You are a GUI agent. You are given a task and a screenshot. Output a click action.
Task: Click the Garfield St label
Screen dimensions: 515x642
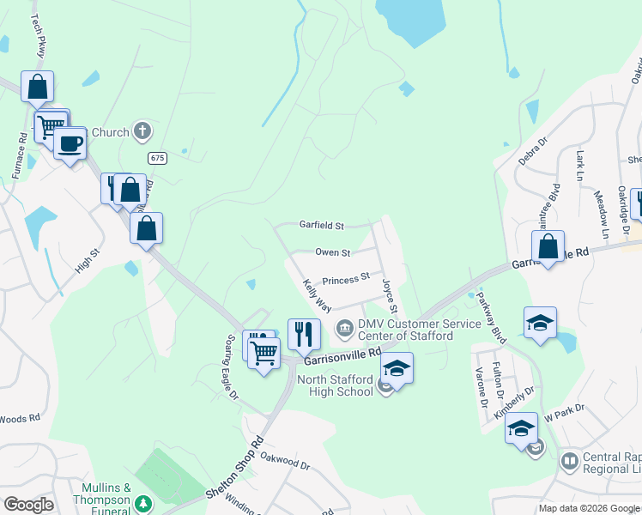click(321, 226)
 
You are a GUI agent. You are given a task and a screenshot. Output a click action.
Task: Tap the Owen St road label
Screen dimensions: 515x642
click(333, 252)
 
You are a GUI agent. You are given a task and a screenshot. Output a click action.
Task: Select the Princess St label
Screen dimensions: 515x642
click(346, 278)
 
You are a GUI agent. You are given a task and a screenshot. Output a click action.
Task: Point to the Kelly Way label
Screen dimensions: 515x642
click(316, 294)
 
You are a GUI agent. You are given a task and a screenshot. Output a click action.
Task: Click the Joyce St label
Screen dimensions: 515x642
click(391, 295)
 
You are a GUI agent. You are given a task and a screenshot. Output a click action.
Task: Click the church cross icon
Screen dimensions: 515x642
click(143, 132)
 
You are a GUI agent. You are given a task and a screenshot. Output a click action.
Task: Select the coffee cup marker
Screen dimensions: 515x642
click(70, 142)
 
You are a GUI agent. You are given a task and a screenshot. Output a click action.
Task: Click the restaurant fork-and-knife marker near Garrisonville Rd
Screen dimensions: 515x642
click(303, 333)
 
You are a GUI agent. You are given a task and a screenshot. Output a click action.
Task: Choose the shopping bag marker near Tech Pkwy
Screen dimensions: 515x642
click(38, 86)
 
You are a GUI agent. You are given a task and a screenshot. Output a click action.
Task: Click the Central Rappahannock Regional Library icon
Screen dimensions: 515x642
click(568, 461)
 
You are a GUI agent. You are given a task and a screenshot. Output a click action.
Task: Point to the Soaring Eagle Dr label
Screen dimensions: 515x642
click(231, 367)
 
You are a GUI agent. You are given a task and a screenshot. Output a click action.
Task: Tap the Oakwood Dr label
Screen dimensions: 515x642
click(284, 463)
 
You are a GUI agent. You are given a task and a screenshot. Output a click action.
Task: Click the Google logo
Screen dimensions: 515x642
click(28, 505)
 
